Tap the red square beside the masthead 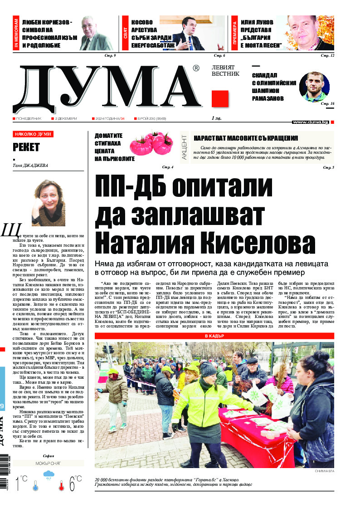coord(220,99)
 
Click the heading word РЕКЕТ coord(26,147)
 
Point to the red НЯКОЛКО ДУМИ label coord(33,134)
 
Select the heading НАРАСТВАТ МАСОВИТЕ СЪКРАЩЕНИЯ coord(246,138)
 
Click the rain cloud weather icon coord(49,477)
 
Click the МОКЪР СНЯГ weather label coord(49,464)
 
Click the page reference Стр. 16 coord(327,104)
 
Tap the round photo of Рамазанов coord(314,87)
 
